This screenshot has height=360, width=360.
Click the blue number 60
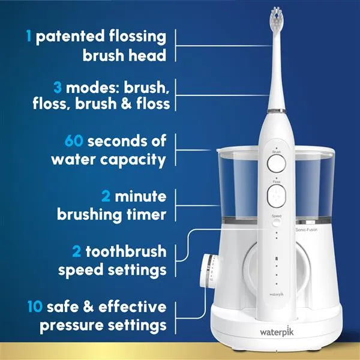pyautogui.click(x=74, y=141)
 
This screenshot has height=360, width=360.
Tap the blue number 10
pyautogui.click(x=35, y=306)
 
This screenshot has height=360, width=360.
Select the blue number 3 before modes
pyautogui.click(x=58, y=88)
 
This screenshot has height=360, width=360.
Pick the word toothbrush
pyautogui.click(x=126, y=251)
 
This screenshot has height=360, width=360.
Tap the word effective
pyautogui.click(x=133, y=307)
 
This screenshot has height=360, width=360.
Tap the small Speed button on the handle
pyautogui.click(x=277, y=222)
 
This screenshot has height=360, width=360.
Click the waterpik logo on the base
pyautogui.click(x=277, y=332)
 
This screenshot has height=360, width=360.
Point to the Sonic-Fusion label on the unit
pyautogui.click(x=307, y=229)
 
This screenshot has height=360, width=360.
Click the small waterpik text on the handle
pyautogui.click(x=277, y=294)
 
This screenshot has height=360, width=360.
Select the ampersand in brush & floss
pyautogui.click(x=127, y=104)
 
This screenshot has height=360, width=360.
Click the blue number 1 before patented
pyautogui.click(x=29, y=35)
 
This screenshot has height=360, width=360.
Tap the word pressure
pyautogui.click(x=71, y=326)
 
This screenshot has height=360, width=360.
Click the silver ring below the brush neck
pyautogui.click(x=277, y=111)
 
